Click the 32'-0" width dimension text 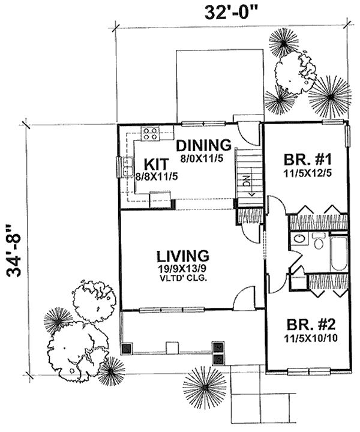(x=232, y=13)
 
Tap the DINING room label (x=203, y=145)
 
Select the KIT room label (x=156, y=164)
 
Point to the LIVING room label (x=183, y=256)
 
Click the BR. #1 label (x=308, y=160)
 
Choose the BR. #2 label (x=311, y=325)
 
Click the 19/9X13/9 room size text (x=183, y=269)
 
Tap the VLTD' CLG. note (x=184, y=278)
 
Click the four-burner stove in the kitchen (x=151, y=133)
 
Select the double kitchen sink (x=128, y=167)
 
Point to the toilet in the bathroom (x=319, y=241)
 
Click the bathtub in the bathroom (x=339, y=253)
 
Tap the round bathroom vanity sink (x=299, y=239)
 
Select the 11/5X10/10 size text (x=311, y=338)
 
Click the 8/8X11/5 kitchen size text (x=157, y=176)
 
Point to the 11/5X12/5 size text (x=308, y=173)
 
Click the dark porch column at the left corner (x=127, y=348)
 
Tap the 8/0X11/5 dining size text (x=202, y=158)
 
